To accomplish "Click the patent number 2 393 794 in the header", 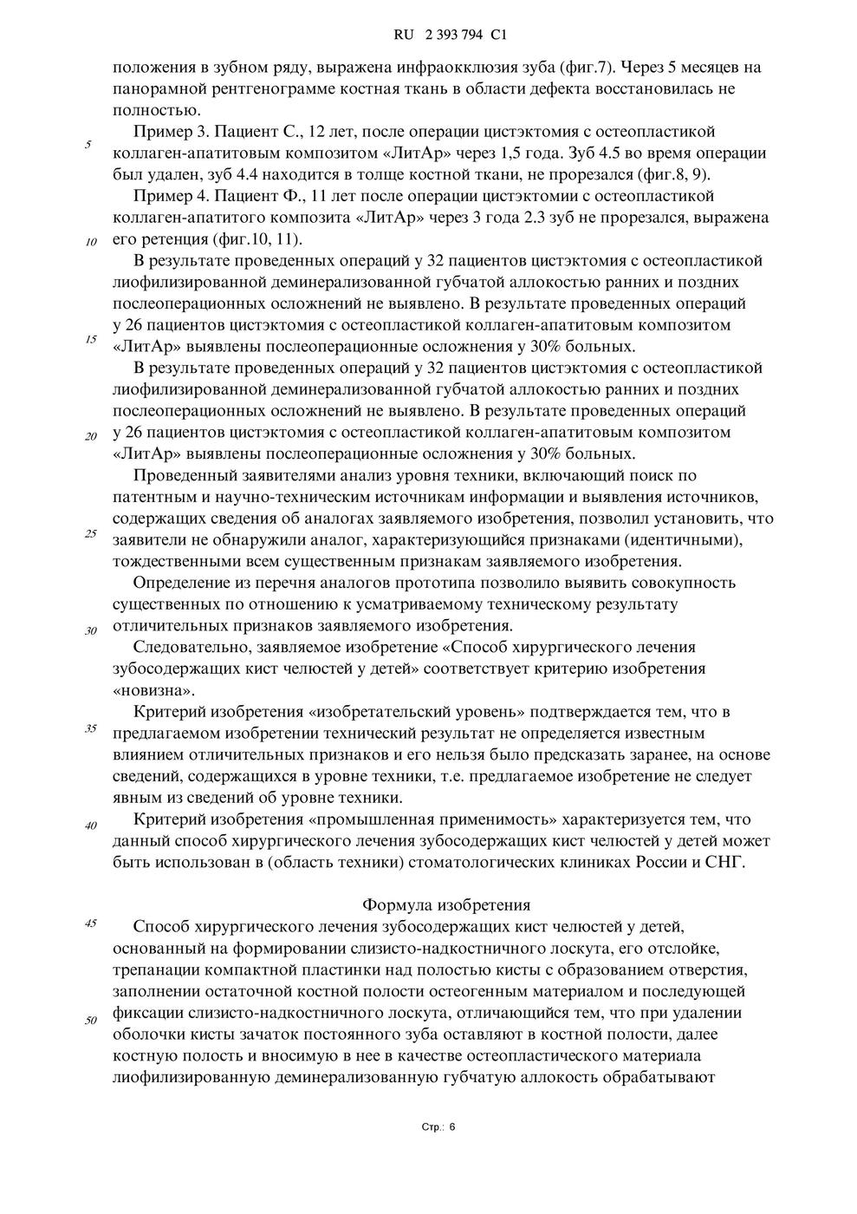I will coord(453,36).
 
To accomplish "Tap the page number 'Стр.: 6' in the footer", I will coord(438,1126).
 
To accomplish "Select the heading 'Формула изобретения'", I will coord(445,905).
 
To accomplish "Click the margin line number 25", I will coord(90,533).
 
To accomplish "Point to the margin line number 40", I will coord(90,826).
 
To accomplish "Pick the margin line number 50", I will coord(90,1020).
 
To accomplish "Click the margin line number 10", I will coord(90,242).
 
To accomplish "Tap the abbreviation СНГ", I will coord(726,863).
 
